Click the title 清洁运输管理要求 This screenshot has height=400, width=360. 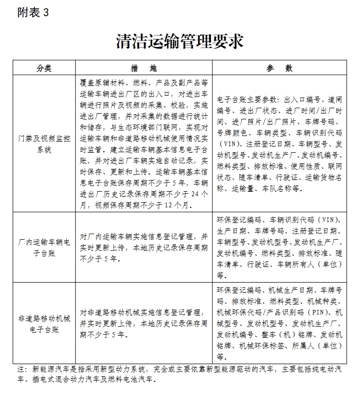point(179,41)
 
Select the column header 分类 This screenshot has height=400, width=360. point(44,68)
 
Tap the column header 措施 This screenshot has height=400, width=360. point(144,68)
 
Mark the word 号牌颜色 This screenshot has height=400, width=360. point(233,133)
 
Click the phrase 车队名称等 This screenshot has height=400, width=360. point(281,189)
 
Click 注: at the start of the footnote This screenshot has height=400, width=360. point(21,369)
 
